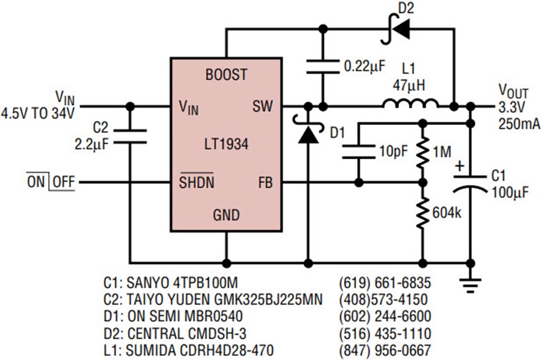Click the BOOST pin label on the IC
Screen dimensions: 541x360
[227, 75]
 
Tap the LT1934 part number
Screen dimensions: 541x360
[227, 144]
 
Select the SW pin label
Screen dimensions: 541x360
[263, 106]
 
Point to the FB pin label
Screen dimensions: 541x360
[266, 183]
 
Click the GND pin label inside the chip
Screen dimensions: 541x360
[227, 215]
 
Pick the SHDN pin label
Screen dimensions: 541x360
[197, 182]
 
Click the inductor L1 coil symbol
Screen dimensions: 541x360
[410, 103]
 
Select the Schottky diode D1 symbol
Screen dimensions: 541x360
[308, 129]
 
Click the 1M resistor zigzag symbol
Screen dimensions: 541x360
[423, 152]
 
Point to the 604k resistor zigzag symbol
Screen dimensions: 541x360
[423, 213]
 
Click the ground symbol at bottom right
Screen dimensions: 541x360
[471, 285]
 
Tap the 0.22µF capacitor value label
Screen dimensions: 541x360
[365, 66]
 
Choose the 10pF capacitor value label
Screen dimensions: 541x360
[394, 151]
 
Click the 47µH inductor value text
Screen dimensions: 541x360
[409, 85]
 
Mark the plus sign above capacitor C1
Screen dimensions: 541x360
[460, 166]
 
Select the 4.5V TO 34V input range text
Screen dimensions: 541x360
[38, 113]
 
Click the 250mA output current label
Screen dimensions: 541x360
[519, 124]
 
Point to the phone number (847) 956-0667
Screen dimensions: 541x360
[385, 350]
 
